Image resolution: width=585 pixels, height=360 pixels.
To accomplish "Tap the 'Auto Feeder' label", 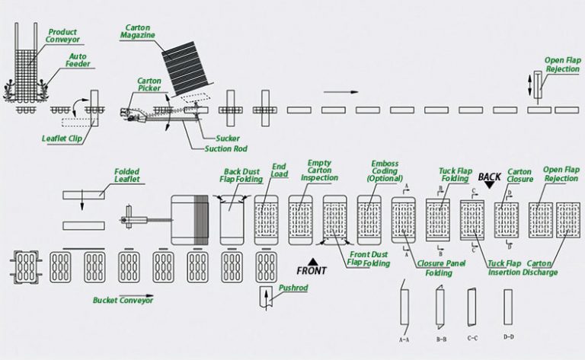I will [x=78, y=60].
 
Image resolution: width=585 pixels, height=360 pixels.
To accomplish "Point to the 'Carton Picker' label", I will [x=149, y=85].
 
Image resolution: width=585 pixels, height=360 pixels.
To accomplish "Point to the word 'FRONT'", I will [x=312, y=270].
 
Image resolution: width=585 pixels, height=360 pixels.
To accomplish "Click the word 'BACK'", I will [x=489, y=177].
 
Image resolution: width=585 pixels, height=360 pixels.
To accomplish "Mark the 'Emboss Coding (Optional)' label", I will [x=384, y=170].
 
